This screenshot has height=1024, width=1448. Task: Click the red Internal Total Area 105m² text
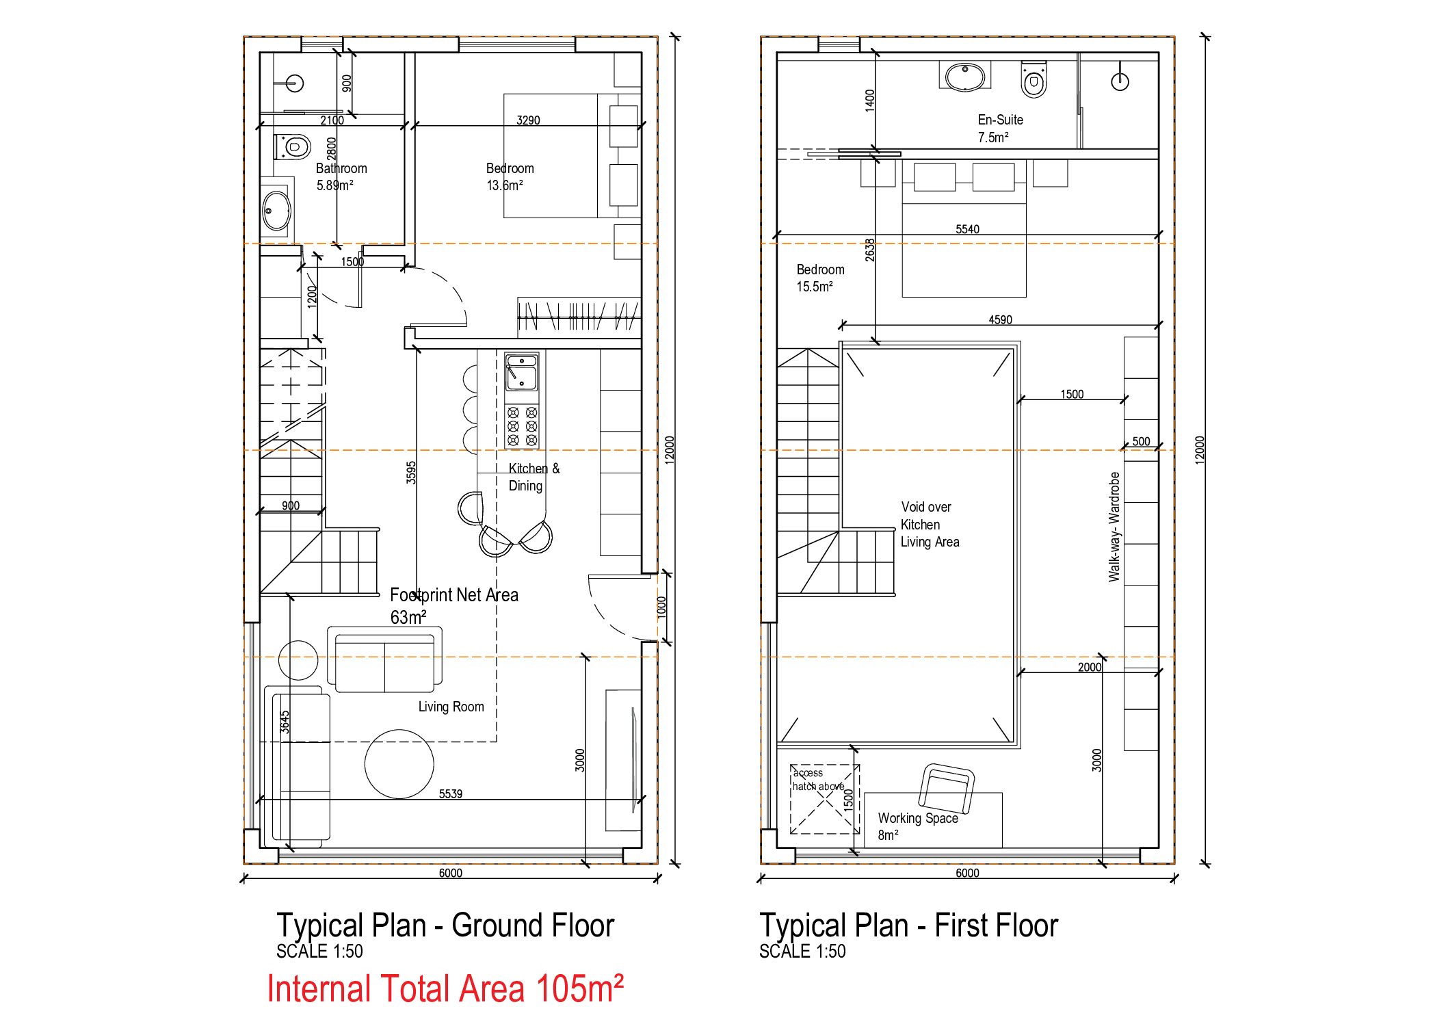[x=445, y=989]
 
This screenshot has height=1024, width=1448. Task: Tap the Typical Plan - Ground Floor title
[x=445, y=925]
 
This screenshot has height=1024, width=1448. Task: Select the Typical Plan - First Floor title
[x=908, y=925]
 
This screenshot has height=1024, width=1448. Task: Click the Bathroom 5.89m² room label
[x=341, y=176]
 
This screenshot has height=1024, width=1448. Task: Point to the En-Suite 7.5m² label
[x=1000, y=129]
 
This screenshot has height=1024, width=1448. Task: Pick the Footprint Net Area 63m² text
[x=454, y=606]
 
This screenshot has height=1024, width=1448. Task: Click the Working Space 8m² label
[x=917, y=826]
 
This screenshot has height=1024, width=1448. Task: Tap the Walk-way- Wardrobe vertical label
[x=1114, y=527]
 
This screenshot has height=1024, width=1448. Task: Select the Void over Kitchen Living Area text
[x=930, y=525]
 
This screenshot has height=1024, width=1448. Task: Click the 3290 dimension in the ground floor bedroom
[x=528, y=120]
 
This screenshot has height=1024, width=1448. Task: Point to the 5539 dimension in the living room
[x=450, y=793]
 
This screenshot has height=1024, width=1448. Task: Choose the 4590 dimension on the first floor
[x=1000, y=319]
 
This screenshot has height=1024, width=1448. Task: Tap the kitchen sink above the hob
[x=522, y=372]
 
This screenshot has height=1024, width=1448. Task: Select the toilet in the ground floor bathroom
[x=292, y=146]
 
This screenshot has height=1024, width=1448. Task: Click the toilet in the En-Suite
[x=1034, y=80]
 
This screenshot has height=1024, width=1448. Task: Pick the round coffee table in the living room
[x=399, y=764]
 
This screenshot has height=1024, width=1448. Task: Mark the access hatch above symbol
[x=824, y=799]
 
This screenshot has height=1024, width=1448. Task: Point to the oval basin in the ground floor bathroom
[x=277, y=210]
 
